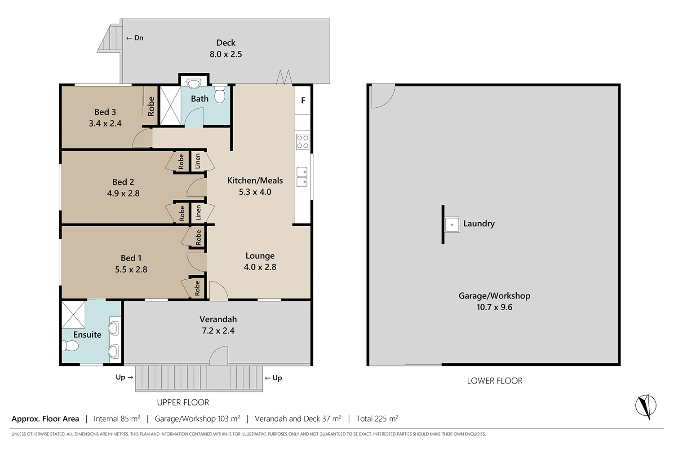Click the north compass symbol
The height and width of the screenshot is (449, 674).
(x=646, y=406)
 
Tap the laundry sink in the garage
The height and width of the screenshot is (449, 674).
(x=452, y=224)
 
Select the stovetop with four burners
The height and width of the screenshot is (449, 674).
(x=302, y=142)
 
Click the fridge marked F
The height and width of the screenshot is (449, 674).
(x=303, y=101)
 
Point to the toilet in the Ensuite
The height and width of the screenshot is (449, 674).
(x=71, y=346)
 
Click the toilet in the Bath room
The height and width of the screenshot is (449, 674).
(x=219, y=94)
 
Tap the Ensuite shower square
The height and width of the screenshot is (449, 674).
(x=73, y=315)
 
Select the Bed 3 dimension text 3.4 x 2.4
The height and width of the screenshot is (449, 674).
(x=105, y=123)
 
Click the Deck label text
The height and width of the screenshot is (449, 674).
(x=226, y=43)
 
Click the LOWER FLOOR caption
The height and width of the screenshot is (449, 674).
(x=494, y=381)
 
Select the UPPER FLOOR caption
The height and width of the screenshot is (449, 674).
(x=183, y=402)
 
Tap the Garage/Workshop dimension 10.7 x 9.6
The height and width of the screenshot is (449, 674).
(x=494, y=307)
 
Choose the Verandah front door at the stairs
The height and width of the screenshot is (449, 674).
(x=219, y=356)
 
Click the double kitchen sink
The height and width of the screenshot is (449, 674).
(x=302, y=177)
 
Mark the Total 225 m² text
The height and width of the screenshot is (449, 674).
(x=377, y=418)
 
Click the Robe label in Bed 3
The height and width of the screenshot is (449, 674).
(x=151, y=106)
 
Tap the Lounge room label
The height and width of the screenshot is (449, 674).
(x=260, y=255)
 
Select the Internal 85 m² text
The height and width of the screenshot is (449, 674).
(x=117, y=418)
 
